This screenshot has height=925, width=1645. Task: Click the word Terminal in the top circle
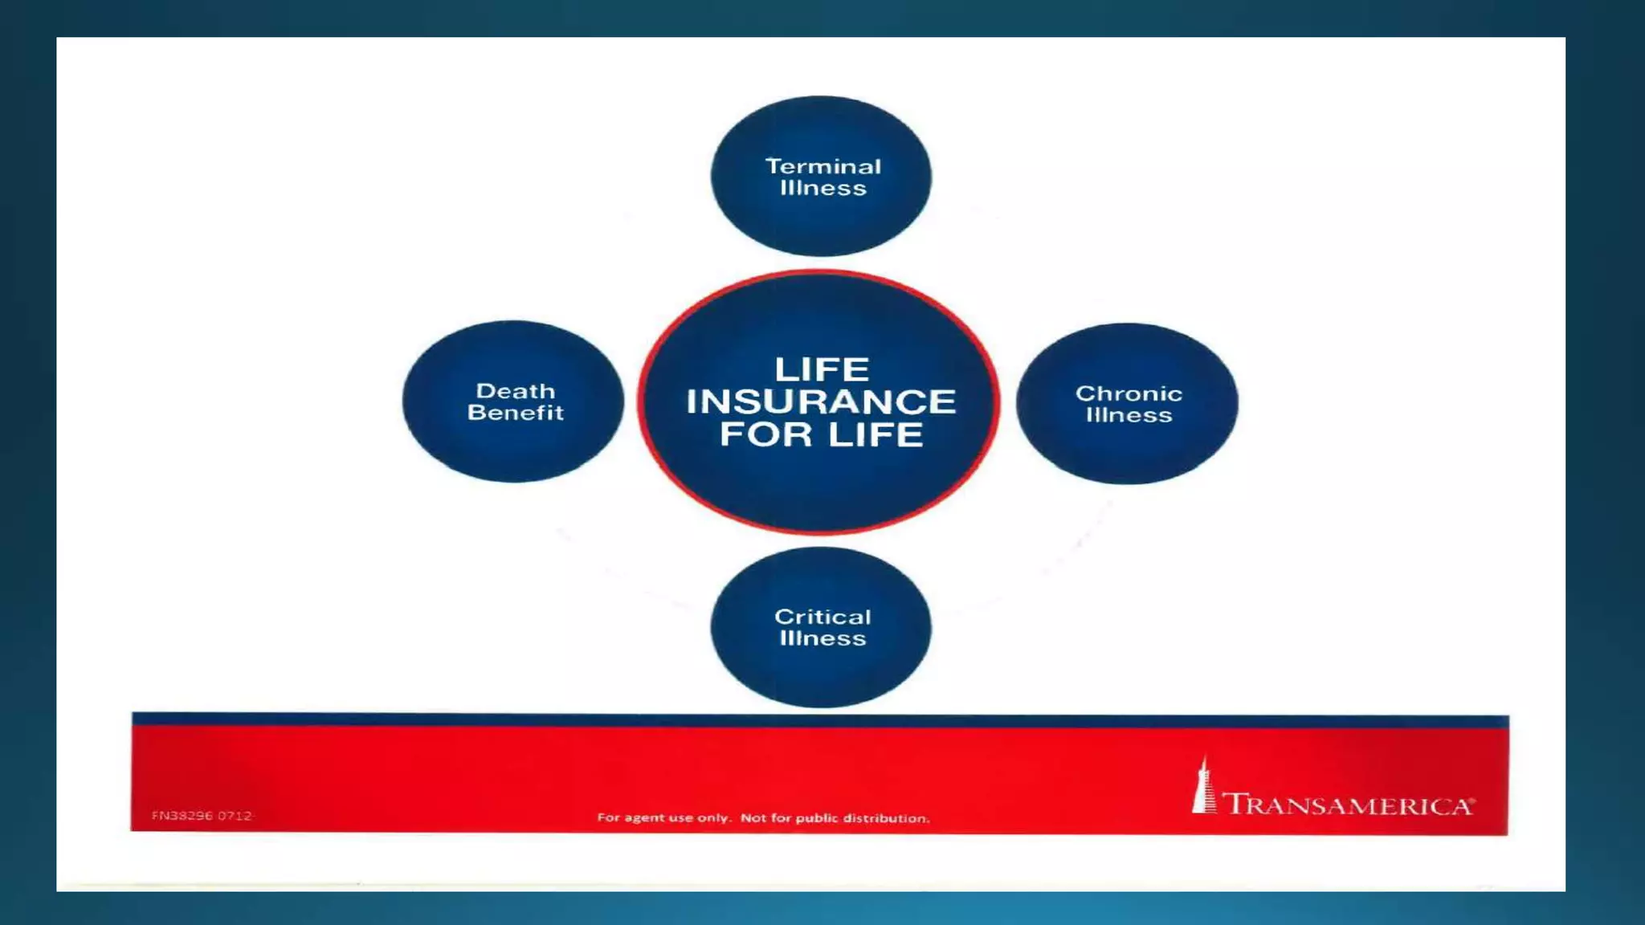coord(822,166)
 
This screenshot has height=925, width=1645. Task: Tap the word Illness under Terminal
coord(822,189)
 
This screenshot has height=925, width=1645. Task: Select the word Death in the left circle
coord(515,391)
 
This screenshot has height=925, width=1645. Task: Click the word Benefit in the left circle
coord(515,413)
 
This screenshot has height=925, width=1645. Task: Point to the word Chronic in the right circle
coord(1129,393)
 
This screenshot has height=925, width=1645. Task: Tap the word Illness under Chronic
coord(1129,415)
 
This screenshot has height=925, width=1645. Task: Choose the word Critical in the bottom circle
coord(822,617)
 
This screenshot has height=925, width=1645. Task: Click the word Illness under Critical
coord(822,638)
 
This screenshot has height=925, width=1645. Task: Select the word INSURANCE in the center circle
coord(821,401)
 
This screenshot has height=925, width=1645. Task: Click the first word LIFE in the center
coord(822,369)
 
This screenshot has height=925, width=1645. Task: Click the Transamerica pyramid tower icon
coord(1202,787)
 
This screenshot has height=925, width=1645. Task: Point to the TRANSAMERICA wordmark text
coord(1346,805)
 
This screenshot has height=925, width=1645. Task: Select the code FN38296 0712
coord(202,816)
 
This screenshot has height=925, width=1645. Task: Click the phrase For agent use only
coord(663,818)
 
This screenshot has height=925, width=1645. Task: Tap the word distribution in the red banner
coord(886,818)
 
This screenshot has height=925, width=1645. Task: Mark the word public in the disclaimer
coord(817,818)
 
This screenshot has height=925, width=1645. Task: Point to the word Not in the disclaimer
coord(753,818)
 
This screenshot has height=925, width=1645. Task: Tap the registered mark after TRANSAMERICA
coord(1472,801)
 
